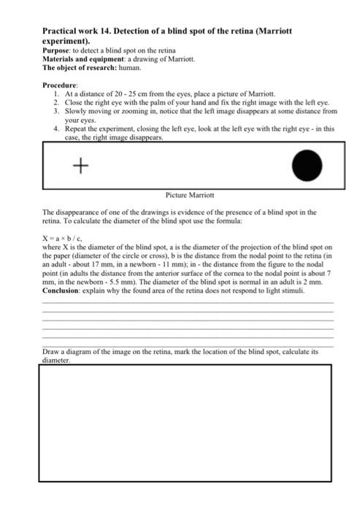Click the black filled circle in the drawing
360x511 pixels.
click(307, 166)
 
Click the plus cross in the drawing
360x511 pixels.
click(81, 166)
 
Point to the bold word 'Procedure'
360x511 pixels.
click(62, 85)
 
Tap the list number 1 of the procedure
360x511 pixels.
click(56, 94)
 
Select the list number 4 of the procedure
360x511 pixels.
click(56, 128)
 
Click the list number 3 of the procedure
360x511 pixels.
click(56, 111)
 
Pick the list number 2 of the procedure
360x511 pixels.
click(56, 103)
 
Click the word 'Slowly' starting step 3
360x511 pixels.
click(75, 111)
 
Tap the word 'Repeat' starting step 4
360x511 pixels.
click(76, 128)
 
